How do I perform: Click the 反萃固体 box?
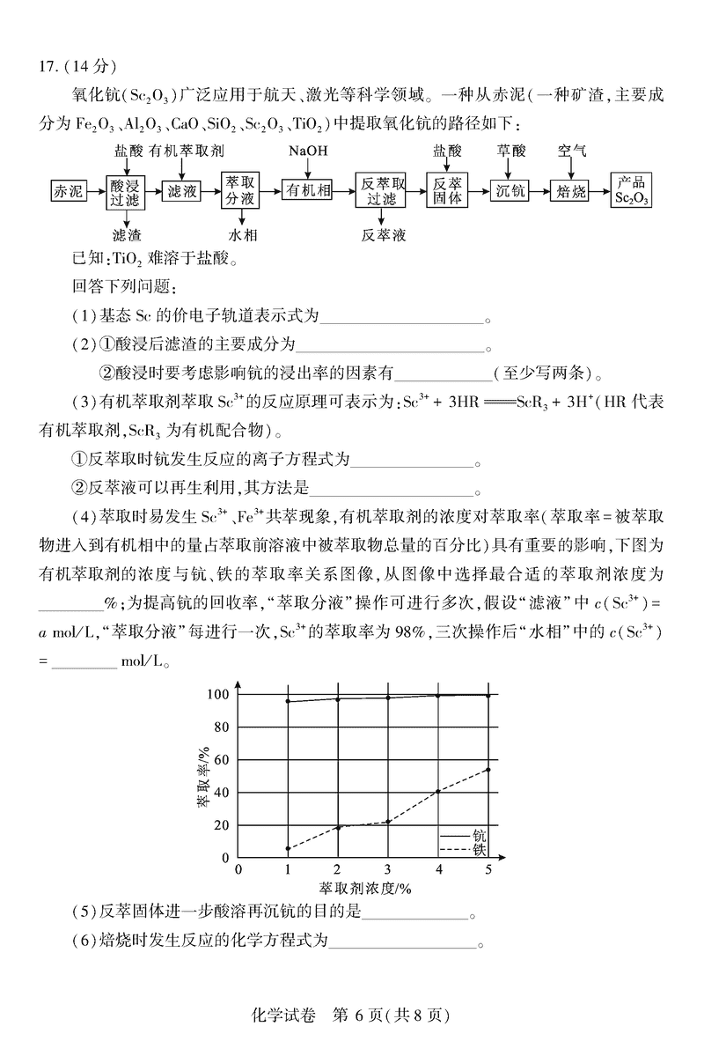pyautogui.click(x=447, y=190)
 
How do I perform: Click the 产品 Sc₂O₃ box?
pyautogui.click(x=632, y=190)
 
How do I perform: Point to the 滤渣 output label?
pyautogui.click(x=128, y=235)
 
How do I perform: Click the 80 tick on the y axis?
pyautogui.click(x=221, y=727)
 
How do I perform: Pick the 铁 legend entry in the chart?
pyautogui.click(x=480, y=850)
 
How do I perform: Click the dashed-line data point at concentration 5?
pyautogui.click(x=488, y=770)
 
